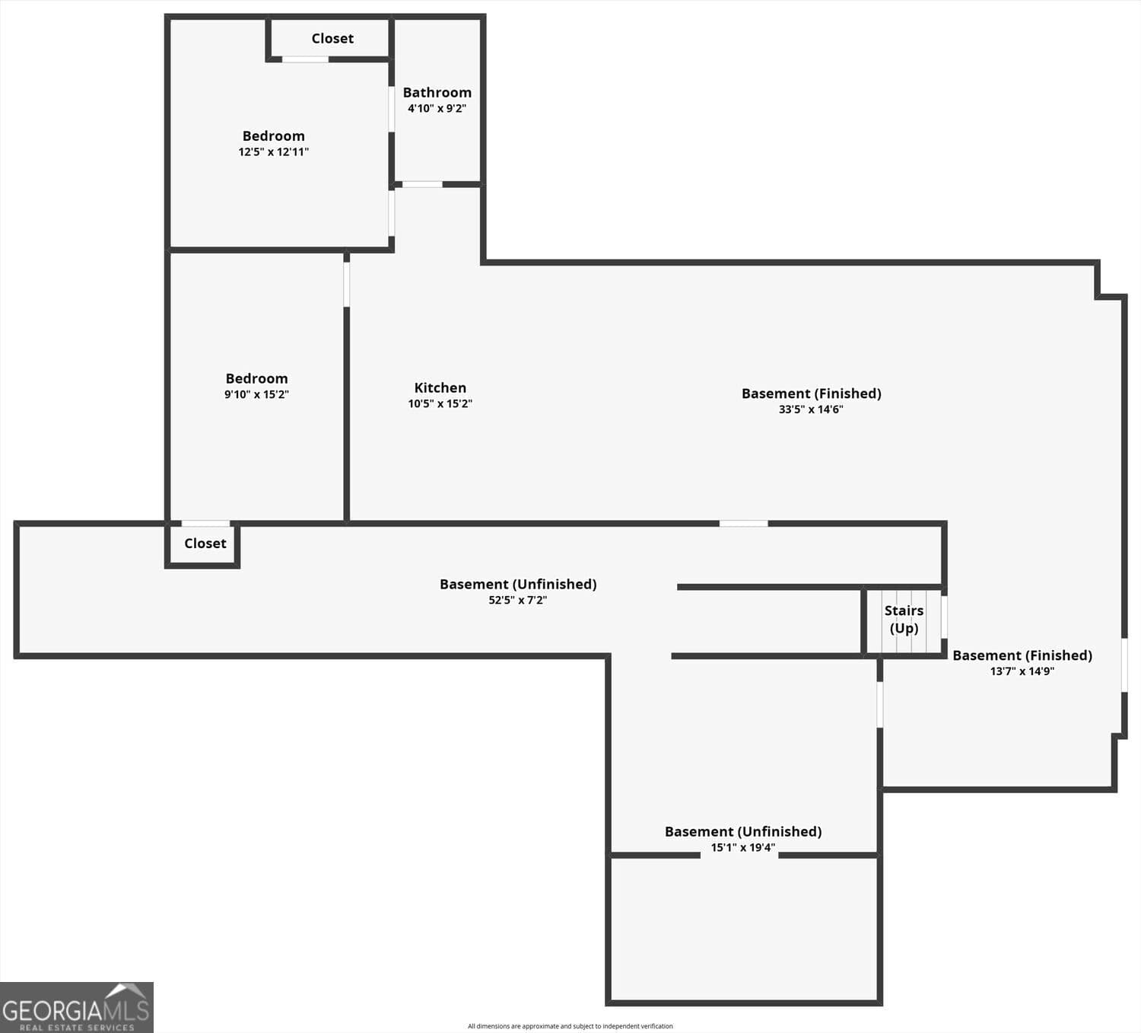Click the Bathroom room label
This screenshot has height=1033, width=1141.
click(437, 92)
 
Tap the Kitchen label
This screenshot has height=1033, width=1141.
click(440, 387)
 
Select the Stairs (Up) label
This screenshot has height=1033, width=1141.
click(904, 619)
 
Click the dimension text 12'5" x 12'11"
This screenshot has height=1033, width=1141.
click(274, 151)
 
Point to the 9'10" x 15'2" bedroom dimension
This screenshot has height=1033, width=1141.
click(256, 394)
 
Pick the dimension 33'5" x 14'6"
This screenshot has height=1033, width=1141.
click(811, 409)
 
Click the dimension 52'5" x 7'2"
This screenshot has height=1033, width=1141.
click(517, 600)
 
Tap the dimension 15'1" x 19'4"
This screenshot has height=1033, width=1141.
click(743, 847)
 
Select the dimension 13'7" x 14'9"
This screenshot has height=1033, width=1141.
click(1022, 671)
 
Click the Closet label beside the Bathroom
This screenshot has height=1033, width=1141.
click(332, 38)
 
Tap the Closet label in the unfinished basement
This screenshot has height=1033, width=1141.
click(205, 544)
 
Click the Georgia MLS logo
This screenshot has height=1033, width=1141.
click(77, 1007)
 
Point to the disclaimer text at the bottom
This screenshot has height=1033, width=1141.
click(570, 1026)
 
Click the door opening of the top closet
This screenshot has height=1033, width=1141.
click(306, 59)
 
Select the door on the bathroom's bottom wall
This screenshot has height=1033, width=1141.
click(422, 184)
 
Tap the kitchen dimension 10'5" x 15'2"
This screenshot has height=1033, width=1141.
click(440, 403)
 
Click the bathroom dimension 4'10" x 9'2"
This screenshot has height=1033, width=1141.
click(437, 108)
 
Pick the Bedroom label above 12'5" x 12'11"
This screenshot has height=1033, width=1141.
click(274, 136)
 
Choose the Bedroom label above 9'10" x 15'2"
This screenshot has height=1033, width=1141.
click(256, 378)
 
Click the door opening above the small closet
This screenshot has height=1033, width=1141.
click(205, 524)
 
